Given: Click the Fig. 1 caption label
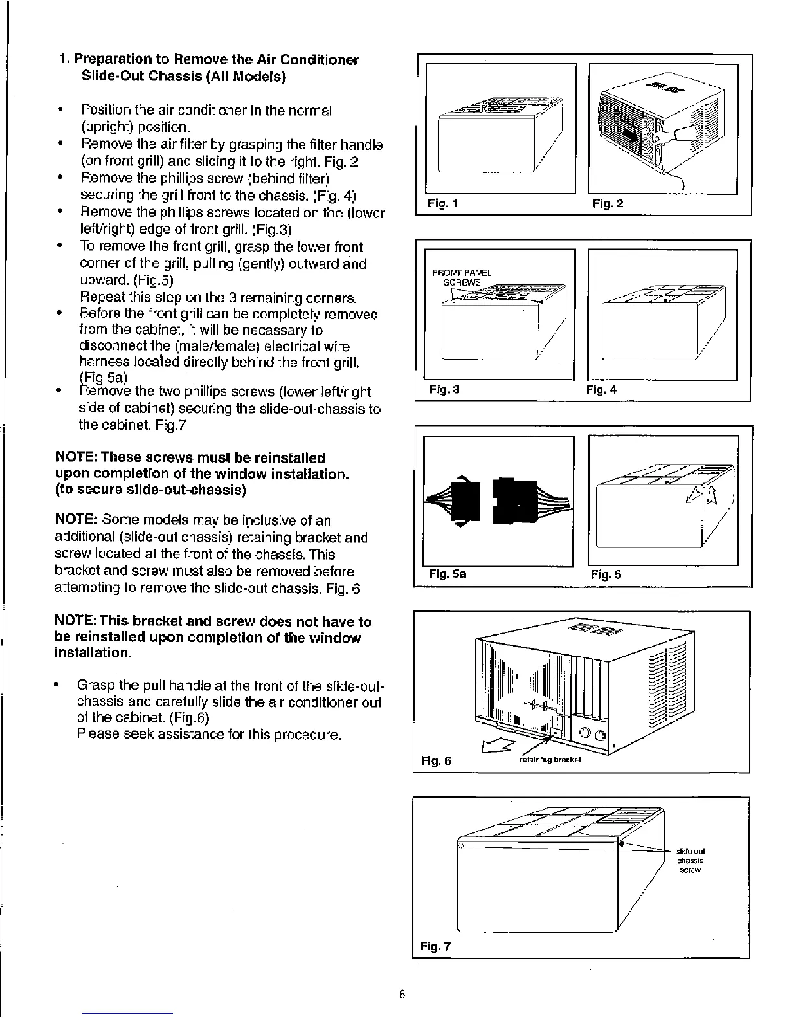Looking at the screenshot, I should pos(442,204).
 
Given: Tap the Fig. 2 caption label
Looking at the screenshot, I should pos(608,204).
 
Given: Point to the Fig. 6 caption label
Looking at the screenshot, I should pos(436,761).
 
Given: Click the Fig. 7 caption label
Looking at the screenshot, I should pos(436,946).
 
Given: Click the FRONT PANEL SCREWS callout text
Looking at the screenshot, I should pos(462,277).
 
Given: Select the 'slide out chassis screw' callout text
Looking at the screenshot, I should pos(691,861).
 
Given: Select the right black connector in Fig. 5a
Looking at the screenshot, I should pos(509,500).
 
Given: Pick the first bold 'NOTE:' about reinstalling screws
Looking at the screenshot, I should pos(77,458).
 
